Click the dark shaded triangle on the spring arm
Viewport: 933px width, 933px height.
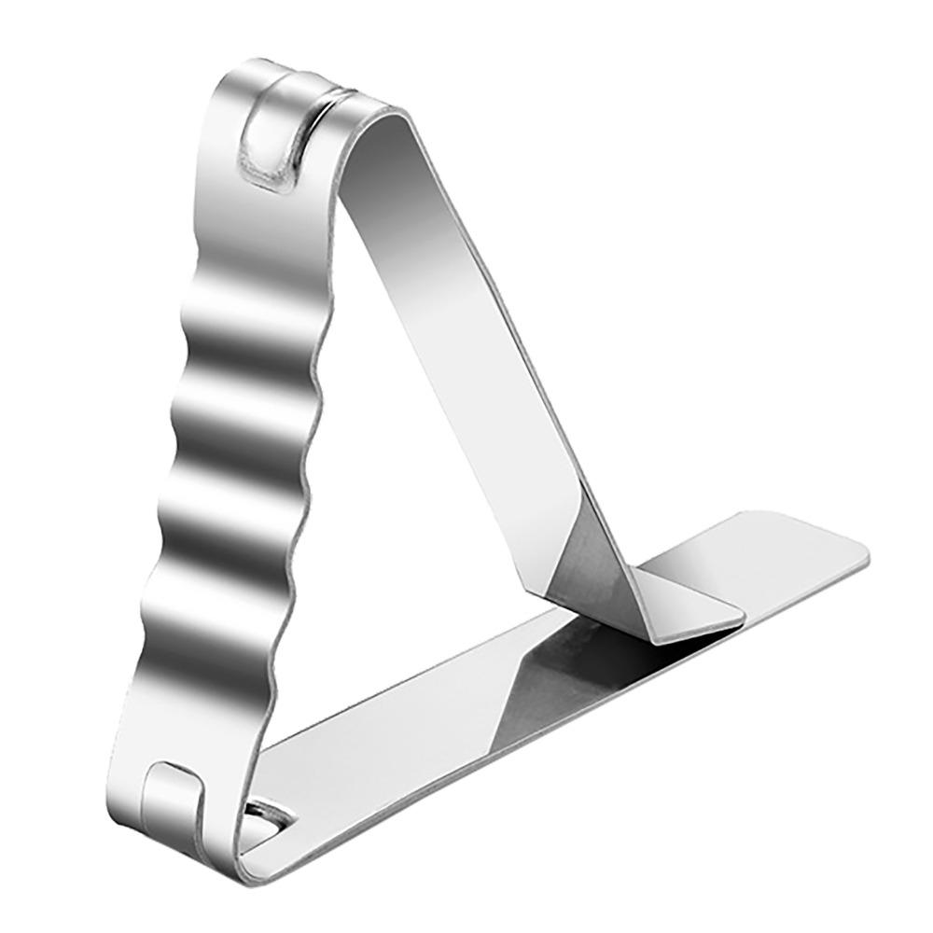coord(578,560)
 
